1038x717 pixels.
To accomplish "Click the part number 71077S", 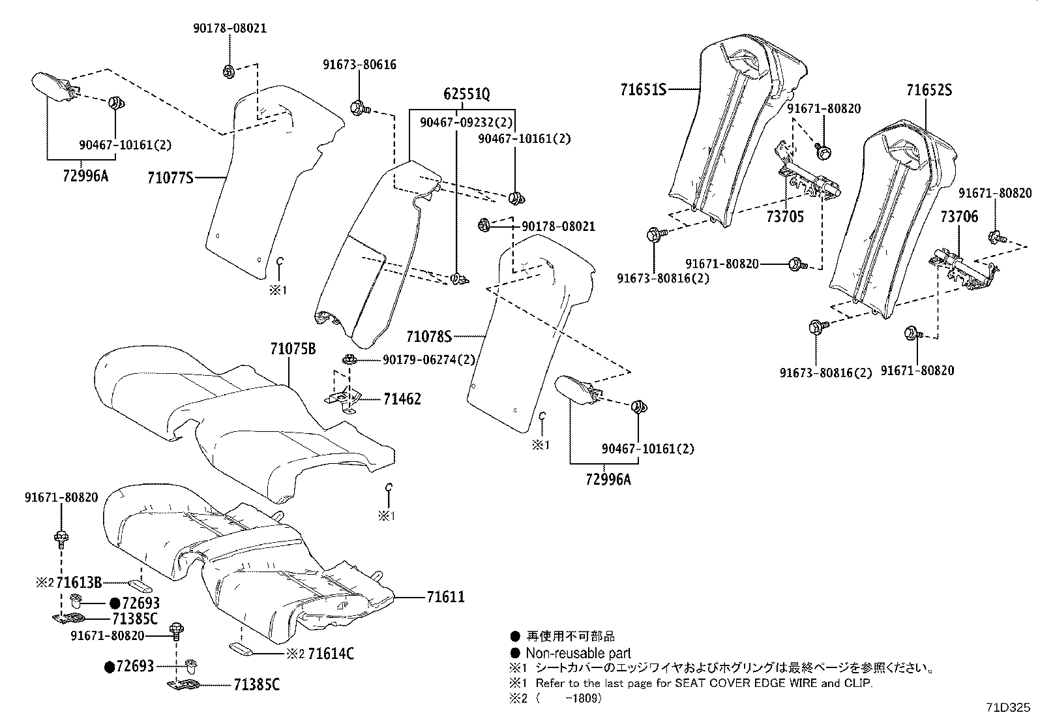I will pos(170,177).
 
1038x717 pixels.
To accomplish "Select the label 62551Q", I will pos(466,94).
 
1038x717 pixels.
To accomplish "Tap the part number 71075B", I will pos(293,350).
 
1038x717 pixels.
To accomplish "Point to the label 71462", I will pos(402,399).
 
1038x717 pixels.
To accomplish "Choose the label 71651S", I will pos(643,89).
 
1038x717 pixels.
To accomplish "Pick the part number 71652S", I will pos(928,90).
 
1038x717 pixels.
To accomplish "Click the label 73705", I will pos(785,217).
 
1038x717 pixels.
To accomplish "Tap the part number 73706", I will pos(959,217).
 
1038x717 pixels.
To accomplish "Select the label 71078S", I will pos(428,337).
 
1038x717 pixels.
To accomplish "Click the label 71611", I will pos(445,596).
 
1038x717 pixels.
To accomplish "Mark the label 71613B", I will pos(79,582).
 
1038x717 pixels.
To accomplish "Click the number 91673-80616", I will pos(359,65).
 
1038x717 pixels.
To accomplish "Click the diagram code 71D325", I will pos(1009,707).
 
